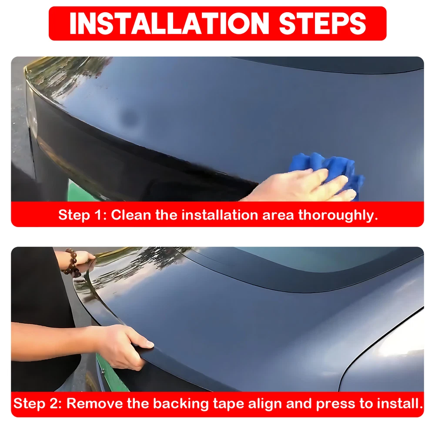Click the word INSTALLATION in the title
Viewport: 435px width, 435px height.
[x=169, y=23]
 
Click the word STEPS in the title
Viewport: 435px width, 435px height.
[x=322, y=23]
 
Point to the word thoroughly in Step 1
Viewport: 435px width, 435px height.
[x=338, y=216]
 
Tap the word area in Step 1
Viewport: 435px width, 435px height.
[x=278, y=216]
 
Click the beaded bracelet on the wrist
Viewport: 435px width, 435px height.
[x=72, y=262]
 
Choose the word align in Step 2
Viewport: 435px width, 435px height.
[x=265, y=404]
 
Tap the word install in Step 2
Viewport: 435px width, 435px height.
[x=401, y=403]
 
